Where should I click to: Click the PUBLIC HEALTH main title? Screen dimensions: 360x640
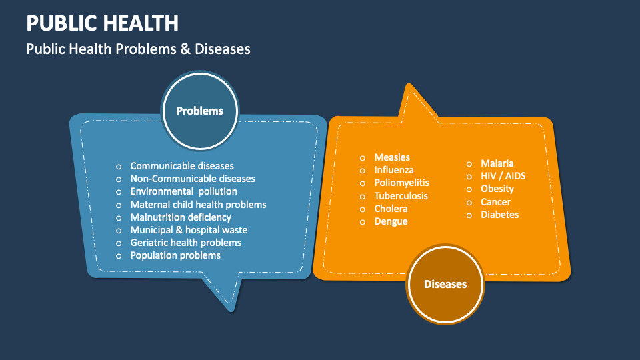(102, 23)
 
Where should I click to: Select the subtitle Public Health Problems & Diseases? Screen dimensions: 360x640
(138, 49)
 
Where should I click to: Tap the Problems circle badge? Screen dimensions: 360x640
(199, 111)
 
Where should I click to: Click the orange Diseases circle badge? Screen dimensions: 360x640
(445, 284)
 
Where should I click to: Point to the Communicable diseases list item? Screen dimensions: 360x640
(182, 166)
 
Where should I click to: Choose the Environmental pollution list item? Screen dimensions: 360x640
(183, 191)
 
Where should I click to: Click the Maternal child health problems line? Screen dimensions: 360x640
(198, 205)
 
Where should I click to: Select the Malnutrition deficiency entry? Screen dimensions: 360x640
(181, 217)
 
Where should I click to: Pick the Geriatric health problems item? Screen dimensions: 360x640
(185, 243)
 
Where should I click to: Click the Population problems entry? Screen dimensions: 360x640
(175, 255)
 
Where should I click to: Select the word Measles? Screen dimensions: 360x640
(392, 157)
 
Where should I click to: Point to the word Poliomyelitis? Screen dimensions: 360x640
(401, 183)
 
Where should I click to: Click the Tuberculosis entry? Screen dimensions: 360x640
(401, 196)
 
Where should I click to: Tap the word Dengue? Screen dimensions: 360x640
(391, 221)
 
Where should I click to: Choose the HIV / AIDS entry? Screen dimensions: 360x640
(503, 176)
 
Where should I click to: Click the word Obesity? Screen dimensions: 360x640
(497, 189)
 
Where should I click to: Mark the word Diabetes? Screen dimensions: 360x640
(499, 215)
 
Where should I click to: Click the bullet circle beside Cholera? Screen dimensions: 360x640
(363, 209)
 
